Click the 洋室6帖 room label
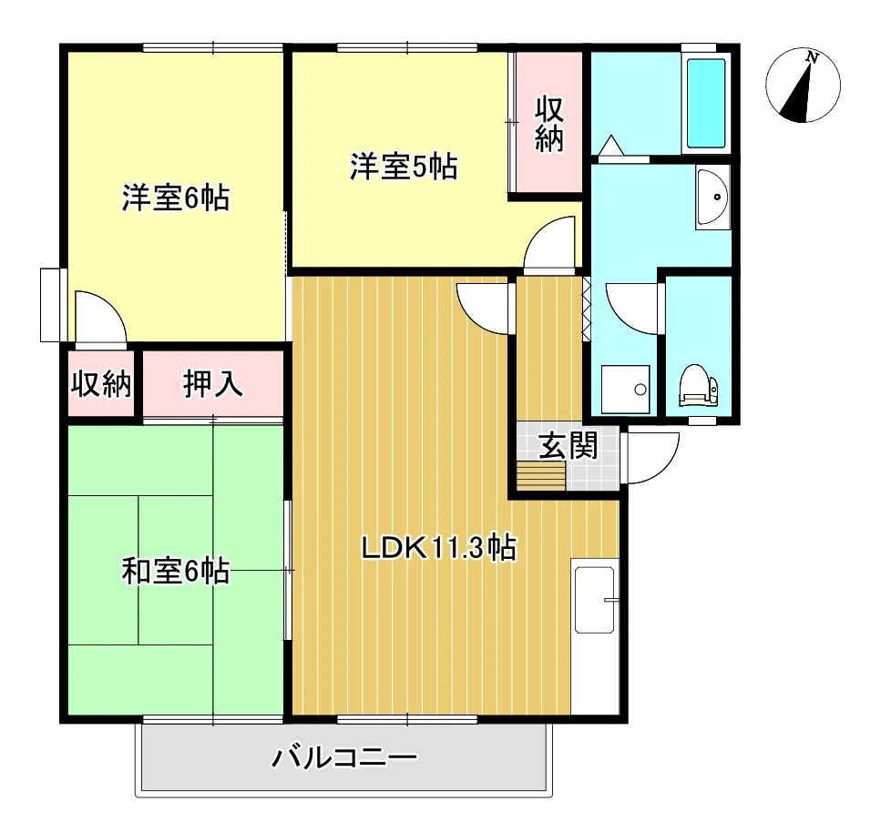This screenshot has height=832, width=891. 176,198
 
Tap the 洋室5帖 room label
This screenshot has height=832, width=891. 404,167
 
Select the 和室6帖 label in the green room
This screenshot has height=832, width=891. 176,572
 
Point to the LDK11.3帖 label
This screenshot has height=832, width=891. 439,549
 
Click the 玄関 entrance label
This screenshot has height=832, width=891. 568,445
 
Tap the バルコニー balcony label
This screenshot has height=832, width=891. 345,757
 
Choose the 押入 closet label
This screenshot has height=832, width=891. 213,384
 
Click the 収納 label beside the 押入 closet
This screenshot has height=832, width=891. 101,384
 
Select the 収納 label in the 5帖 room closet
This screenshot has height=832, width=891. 549,125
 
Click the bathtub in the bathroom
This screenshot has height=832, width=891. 706,103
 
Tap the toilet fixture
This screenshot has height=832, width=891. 698,384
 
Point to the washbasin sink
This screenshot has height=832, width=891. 712,197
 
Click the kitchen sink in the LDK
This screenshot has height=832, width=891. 594,600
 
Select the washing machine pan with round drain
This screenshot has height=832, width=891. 625,389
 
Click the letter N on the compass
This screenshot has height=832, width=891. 813,57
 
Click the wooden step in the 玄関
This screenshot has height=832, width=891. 541,476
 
